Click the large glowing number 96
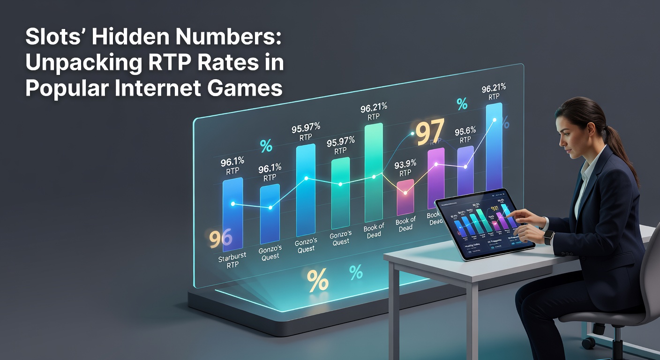click(x=220, y=239)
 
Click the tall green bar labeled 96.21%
click(x=374, y=173)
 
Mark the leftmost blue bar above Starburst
click(x=232, y=216)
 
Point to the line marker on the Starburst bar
click(x=233, y=204)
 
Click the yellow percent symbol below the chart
click(x=317, y=281)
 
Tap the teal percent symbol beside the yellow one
click(x=356, y=272)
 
